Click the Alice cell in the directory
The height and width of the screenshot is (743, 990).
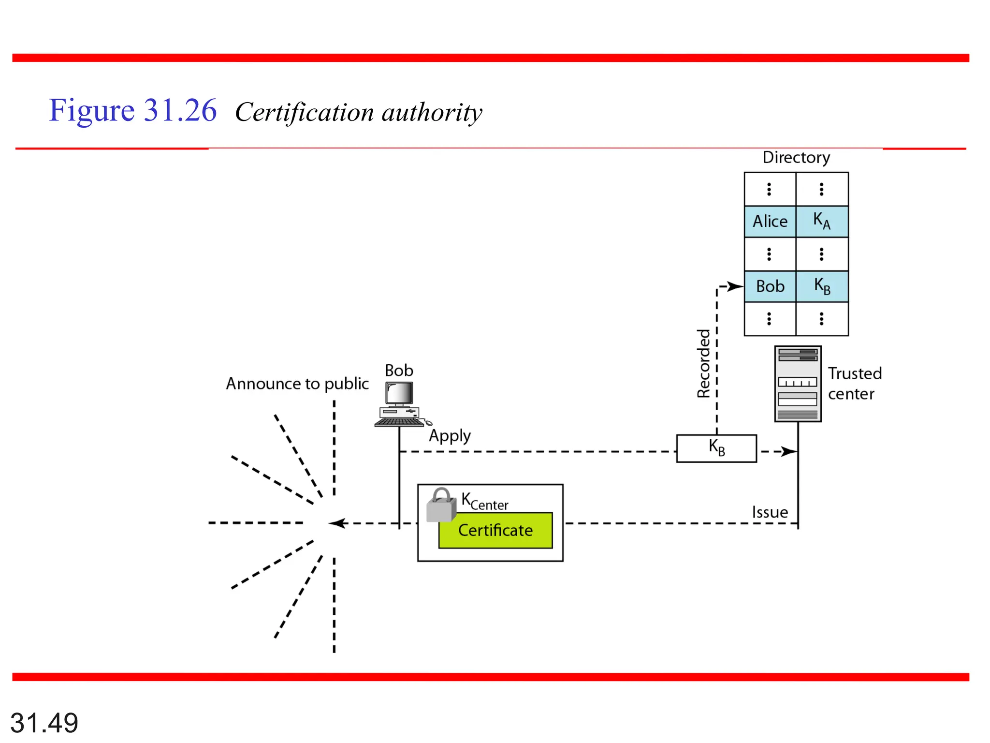coord(770,222)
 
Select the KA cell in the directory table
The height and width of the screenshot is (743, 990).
coord(822,222)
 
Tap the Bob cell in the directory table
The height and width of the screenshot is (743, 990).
coord(770,286)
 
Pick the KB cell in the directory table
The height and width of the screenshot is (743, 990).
coord(822,286)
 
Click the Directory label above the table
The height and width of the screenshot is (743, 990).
coord(796,158)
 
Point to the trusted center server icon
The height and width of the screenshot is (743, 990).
coord(798,384)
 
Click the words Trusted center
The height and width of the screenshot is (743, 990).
coord(854,384)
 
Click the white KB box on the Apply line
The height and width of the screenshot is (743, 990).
coord(716,448)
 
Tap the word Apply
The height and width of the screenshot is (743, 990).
coord(450,436)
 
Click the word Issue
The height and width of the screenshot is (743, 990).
coord(770,512)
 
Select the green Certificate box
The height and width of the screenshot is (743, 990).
coord(495,531)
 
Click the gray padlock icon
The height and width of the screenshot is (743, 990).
coord(441,505)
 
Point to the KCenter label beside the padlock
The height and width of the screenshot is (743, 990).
coord(484,502)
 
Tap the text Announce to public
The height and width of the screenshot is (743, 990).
coord(297,384)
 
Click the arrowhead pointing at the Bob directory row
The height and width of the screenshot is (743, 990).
coord(735,286)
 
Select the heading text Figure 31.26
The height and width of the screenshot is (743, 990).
coord(132,111)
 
